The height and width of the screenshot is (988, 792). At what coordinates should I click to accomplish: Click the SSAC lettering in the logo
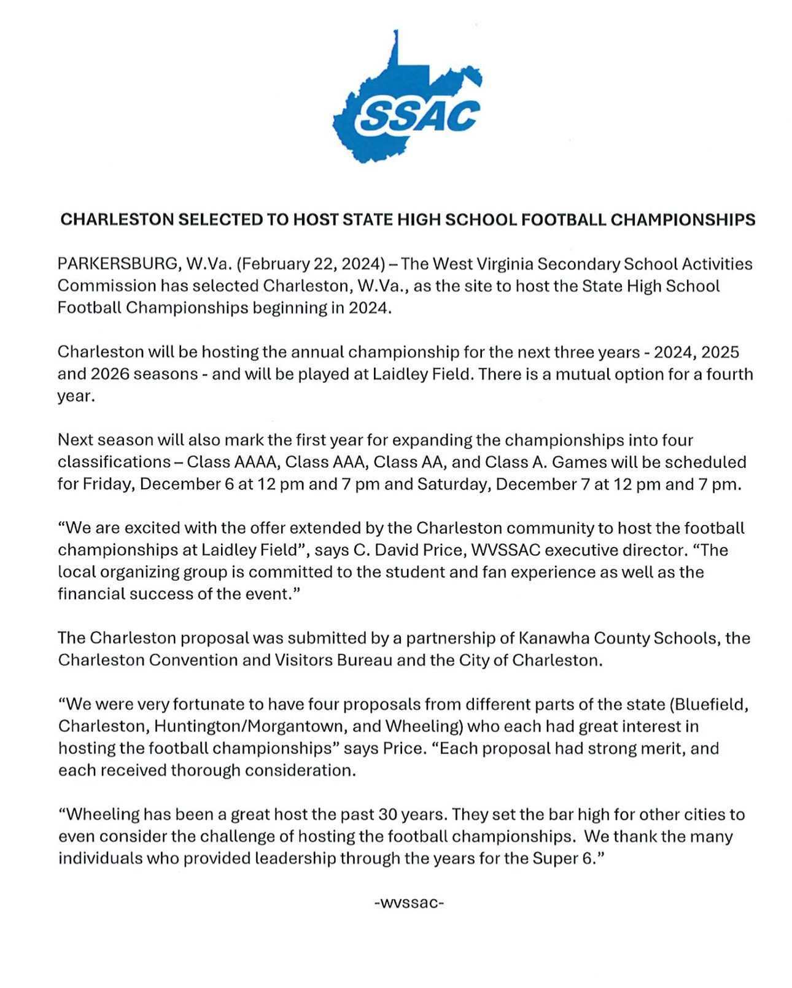(x=418, y=115)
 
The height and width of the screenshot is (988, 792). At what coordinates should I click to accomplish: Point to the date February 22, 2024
(x=311, y=264)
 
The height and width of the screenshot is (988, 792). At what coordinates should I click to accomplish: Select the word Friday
(x=107, y=484)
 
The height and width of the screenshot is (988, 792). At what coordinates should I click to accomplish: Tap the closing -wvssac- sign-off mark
(x=409, y=903)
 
